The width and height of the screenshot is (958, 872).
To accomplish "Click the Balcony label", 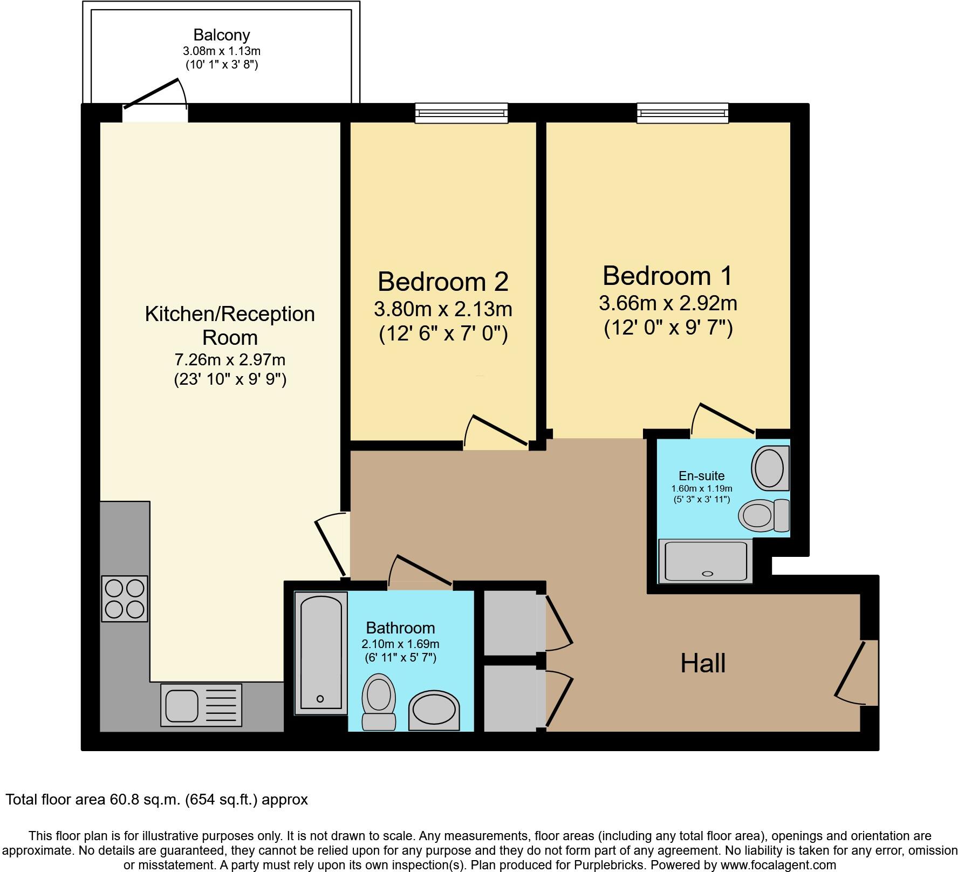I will click(x=222, y=36).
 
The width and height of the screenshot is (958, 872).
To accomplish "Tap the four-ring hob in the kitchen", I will click(x=125, y=598).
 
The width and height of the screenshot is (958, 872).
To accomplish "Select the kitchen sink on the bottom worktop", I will click(x=201, y=704).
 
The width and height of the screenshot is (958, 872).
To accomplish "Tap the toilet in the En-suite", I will click(x=763, y=514).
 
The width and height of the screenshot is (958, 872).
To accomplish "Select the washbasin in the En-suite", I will click(x=770, y=467).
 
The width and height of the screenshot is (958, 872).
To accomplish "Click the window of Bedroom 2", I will click(x=462, y=113).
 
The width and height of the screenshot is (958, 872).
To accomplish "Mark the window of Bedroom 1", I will click(x=683, y=113).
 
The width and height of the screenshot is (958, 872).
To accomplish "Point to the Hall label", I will click(x=703, y=663).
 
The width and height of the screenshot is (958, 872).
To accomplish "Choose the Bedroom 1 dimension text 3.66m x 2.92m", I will click(x=668, y=303).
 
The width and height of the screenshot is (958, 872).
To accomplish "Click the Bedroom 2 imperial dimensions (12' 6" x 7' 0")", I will click(x=443, y=335).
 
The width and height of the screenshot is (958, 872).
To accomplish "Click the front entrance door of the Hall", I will click(x=858, y=672).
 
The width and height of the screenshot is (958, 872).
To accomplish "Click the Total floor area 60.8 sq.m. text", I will click(x=157, y=799).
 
